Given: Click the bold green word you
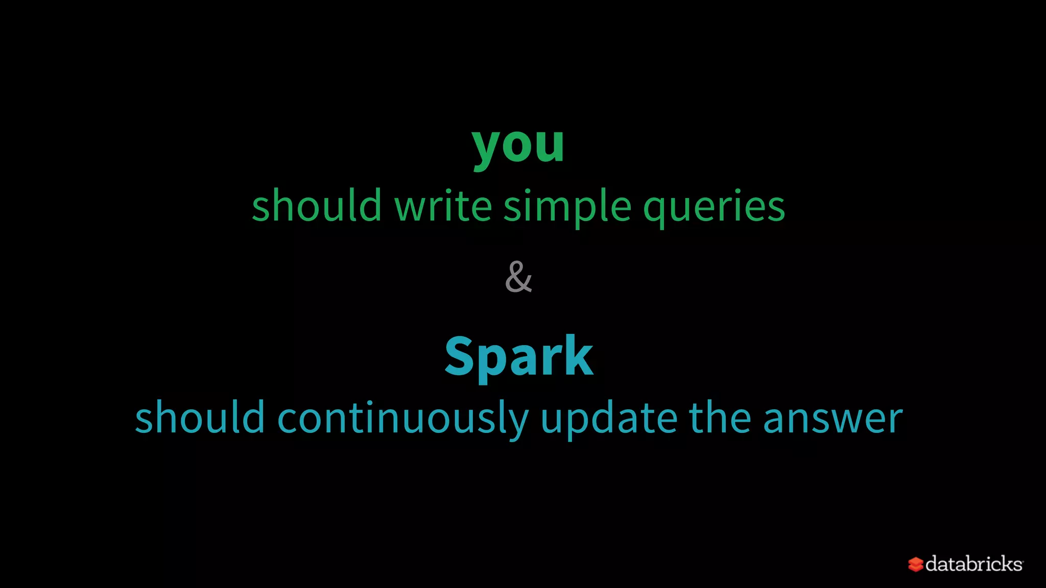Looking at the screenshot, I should tap(518, 146).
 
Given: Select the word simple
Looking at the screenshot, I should tap(567, 207).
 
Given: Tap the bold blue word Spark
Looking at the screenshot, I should tap(518, 357).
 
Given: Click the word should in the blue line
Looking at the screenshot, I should tap(200, 418).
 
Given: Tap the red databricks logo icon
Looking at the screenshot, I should tap(915, 565).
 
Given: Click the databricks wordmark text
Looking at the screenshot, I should tap(973, 563).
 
